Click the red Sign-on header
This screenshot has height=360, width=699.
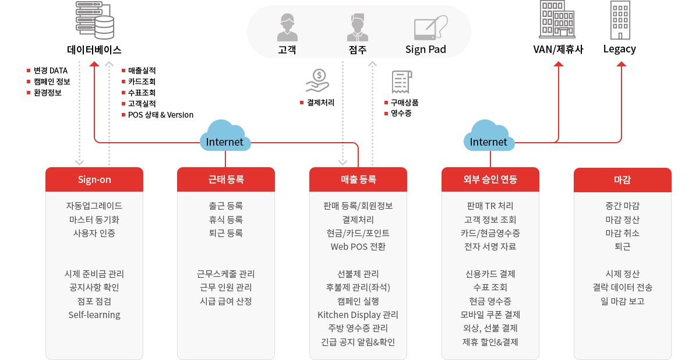pos(94,179)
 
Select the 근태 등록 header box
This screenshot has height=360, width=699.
pos(225,179)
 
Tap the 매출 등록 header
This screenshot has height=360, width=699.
pos(358,179)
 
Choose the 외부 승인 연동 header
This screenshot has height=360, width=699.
pos(490,179)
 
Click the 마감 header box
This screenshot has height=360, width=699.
pos(622,179)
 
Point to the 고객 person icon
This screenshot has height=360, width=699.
pos(287,26)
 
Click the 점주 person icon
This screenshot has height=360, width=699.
pos(358,26)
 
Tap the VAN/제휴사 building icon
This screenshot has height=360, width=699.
pos(557,20)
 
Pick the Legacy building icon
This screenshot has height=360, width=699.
pos(620,20)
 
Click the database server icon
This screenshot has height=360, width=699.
pos(95,20)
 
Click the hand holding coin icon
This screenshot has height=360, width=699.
pos(317,82)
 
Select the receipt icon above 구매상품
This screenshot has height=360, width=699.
pos(401,83)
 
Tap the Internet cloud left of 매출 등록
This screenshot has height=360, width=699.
pos(225,136)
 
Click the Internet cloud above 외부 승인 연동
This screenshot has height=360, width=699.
pos(489,136)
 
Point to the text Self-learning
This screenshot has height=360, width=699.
pos(94,315)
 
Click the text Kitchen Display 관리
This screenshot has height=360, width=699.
pos(358,315)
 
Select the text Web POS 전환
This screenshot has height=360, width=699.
pos(358,246)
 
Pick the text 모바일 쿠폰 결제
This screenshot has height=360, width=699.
pos(490,315)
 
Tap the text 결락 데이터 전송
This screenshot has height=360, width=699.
pos(622,287)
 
